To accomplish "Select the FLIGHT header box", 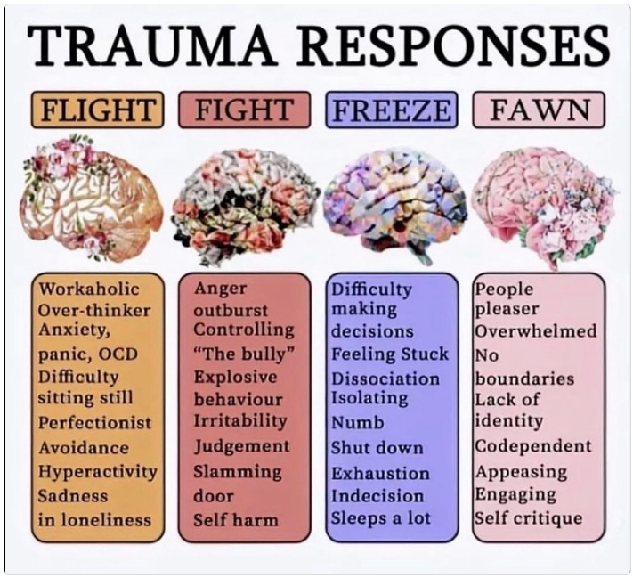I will click(97, 110).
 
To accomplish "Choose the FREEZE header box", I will click(392, 110).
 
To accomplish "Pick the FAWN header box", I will click(539, 110).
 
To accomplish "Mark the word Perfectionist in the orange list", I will click(94, 422).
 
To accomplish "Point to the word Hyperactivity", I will click(97, 471).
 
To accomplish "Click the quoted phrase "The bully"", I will click(243, 353).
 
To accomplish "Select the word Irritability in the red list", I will click(240, 420).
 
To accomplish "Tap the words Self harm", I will click(235, 519).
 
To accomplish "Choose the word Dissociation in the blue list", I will click(385, 378).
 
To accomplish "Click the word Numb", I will click(357, 422).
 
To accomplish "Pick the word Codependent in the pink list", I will click(532, 446).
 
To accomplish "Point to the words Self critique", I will click(528, 518).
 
